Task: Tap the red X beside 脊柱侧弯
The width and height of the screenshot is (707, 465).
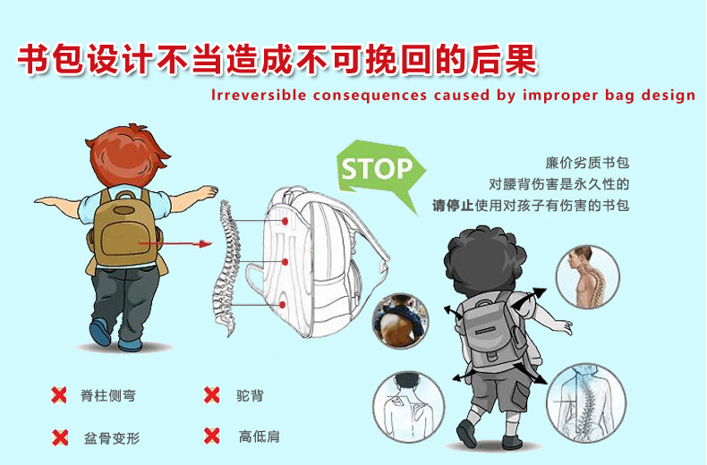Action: (59, 395)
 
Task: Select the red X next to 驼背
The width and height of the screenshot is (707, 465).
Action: (211, 394)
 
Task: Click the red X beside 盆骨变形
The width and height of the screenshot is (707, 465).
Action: (60, 437)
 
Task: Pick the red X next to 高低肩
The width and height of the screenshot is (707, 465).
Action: (211, 435)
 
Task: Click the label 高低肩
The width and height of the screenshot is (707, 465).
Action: (260, 436)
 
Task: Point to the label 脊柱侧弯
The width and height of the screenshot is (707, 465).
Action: (108, 395)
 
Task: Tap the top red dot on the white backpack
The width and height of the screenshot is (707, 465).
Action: (285, 221)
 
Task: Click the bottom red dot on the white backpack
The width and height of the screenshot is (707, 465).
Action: (283, 305)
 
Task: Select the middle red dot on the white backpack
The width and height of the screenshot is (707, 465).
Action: (285, 262)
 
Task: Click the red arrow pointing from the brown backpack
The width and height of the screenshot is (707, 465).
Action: (175, 244)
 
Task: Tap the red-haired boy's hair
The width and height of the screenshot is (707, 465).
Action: (128, 155)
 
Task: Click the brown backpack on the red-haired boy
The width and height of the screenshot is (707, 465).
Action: (124, 227)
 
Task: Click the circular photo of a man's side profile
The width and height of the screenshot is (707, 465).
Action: (587, 277)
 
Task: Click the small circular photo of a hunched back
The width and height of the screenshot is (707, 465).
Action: (400, 321)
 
